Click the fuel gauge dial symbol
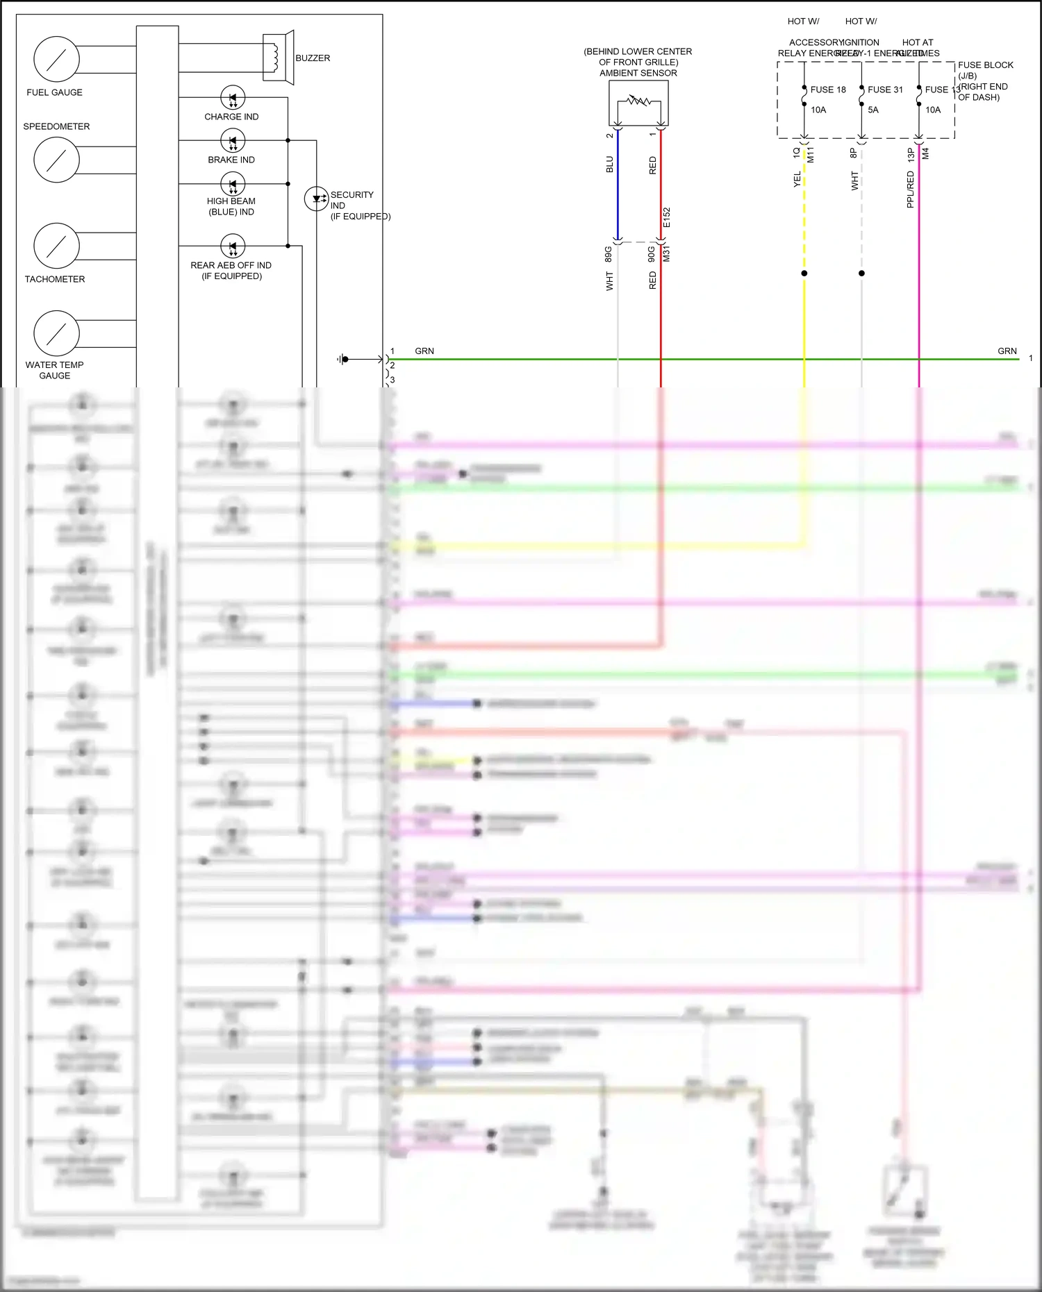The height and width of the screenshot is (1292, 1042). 56,59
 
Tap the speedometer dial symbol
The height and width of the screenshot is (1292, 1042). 56,160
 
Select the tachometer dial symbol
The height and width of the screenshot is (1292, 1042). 56,246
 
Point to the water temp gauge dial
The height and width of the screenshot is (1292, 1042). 56,333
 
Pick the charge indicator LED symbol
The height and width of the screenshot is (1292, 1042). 233,98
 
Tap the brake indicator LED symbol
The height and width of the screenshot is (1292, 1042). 233,141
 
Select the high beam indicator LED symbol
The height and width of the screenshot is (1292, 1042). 233,184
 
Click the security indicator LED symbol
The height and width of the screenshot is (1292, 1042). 317,199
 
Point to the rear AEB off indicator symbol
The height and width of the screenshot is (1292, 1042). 233,246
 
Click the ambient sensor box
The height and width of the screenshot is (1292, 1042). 638,103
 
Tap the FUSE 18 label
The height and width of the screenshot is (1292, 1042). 828,90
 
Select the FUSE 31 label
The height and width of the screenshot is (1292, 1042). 885,90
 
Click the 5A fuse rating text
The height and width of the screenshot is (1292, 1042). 873,110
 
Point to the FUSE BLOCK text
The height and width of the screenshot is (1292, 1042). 985,65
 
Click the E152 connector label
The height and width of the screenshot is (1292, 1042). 667,217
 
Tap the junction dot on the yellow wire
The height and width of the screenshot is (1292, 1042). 804,274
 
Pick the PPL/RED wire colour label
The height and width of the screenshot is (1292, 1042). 910,190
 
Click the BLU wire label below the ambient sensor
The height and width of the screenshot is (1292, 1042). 610,165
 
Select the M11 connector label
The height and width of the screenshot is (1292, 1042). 811,155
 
